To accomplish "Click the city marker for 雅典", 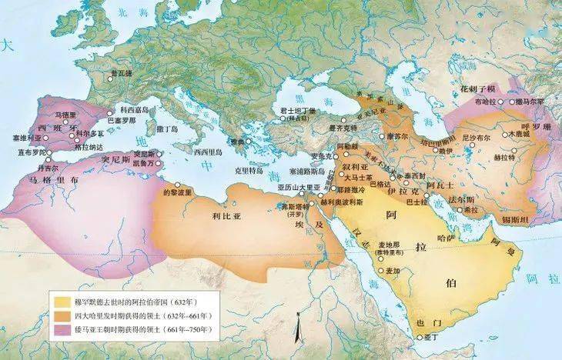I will click(248, 143).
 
